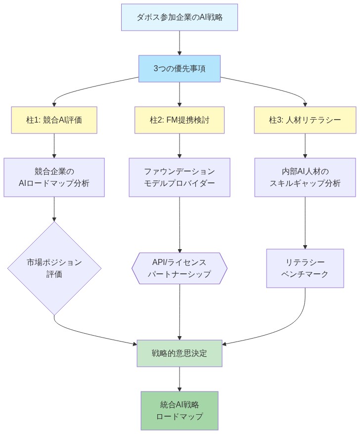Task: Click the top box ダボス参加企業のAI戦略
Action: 180,17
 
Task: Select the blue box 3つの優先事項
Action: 180,68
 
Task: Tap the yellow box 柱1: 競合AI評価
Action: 54,120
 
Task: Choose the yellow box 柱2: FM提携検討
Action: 180,120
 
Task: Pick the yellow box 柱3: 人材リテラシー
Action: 305,120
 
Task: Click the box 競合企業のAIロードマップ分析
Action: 54,177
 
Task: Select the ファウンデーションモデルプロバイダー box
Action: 180,177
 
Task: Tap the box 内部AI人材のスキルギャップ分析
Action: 305,177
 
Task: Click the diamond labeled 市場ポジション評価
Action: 54,268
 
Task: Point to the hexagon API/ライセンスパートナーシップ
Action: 180,268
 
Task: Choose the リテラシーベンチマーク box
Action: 305,268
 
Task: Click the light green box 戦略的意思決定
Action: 180,353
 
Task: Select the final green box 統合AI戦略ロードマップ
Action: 180,410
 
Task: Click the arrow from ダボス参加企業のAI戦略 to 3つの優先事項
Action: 180,43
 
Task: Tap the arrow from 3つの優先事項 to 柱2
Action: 180,94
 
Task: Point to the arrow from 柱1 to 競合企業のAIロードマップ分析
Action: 54,145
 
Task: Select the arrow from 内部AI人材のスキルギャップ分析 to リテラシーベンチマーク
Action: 305,222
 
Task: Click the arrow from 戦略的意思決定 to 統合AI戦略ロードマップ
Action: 180,379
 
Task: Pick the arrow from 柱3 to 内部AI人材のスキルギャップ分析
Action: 305,145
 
